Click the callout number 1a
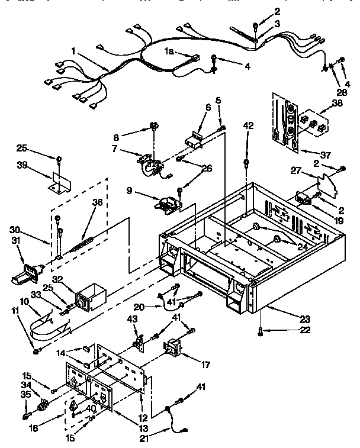pyautogui.click(x=168, y=51)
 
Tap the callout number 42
pyautogui.click(x=247, y=125)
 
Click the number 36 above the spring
pyautogui.click(x=97, y=202)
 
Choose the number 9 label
pyautogui.click(x=129, y=191)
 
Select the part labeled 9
pyautogui.click(x=167, y=204)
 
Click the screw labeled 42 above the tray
pyautogui.click(x=246, y=163)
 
